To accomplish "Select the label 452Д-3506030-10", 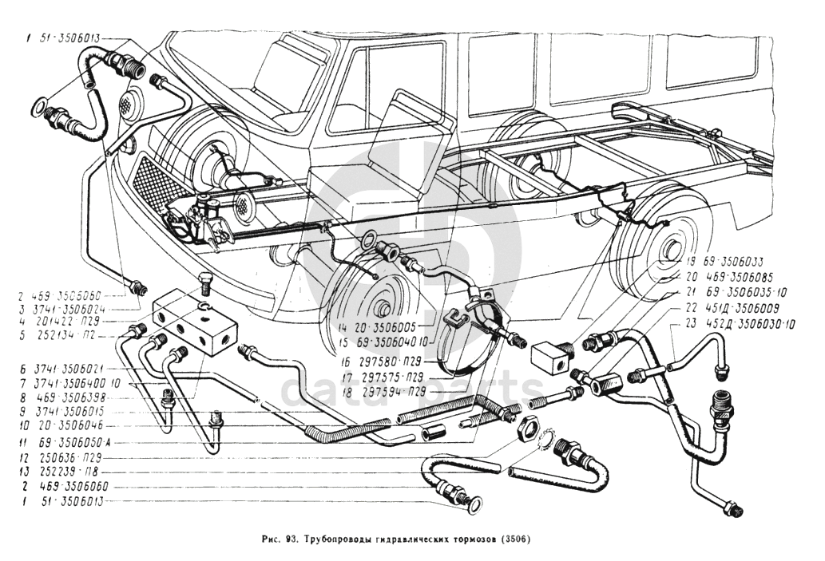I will click(744, 323).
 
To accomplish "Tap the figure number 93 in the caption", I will click(294, 538).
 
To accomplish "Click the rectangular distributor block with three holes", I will click(194, 321).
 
